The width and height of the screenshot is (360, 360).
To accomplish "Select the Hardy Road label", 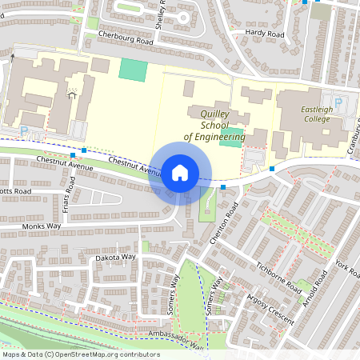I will [x=265, y=34].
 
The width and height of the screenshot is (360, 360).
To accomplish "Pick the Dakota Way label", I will [x=117, y=258].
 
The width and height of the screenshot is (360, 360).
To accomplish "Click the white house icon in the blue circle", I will [x=180, y=173].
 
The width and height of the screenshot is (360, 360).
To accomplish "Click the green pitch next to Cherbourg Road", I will [x=133, y=70].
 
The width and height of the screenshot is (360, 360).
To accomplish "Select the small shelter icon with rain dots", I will [x=72, y=94].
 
